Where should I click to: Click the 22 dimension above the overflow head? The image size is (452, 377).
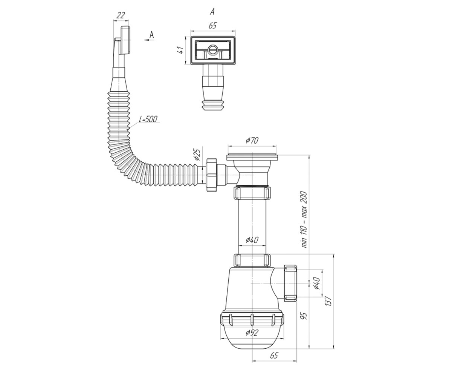121,15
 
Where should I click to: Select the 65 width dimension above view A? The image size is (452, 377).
212,26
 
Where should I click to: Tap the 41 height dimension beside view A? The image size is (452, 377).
181,50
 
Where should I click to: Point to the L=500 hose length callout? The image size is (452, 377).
148,119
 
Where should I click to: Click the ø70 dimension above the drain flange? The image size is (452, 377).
252,140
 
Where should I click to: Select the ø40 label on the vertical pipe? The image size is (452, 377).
252,240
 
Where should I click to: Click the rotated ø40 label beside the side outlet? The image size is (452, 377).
316,283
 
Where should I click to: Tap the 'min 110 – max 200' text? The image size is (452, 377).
304,219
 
